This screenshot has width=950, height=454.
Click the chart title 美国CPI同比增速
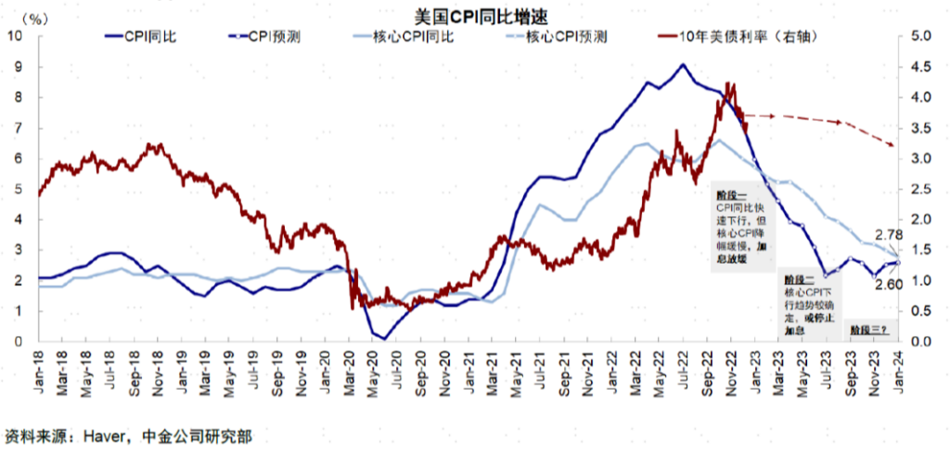pyautogui.click(x=474, y=16)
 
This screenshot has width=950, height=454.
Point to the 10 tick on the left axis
pyautogui.click(x=17, y=36)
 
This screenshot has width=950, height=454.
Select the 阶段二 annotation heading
pyautogui.click(x=798, y=279)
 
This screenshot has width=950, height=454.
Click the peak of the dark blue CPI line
pyautogui.click(x=683, y=64)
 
